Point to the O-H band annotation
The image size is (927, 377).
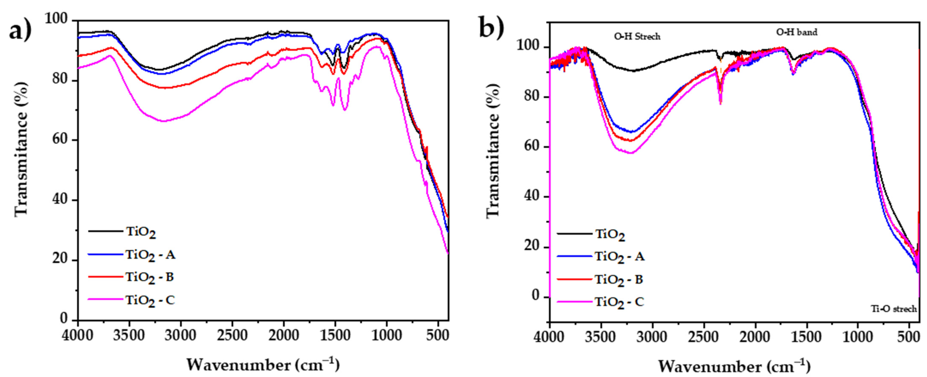tap(796, 32)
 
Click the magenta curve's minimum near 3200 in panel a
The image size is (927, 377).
tap(164, 121)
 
